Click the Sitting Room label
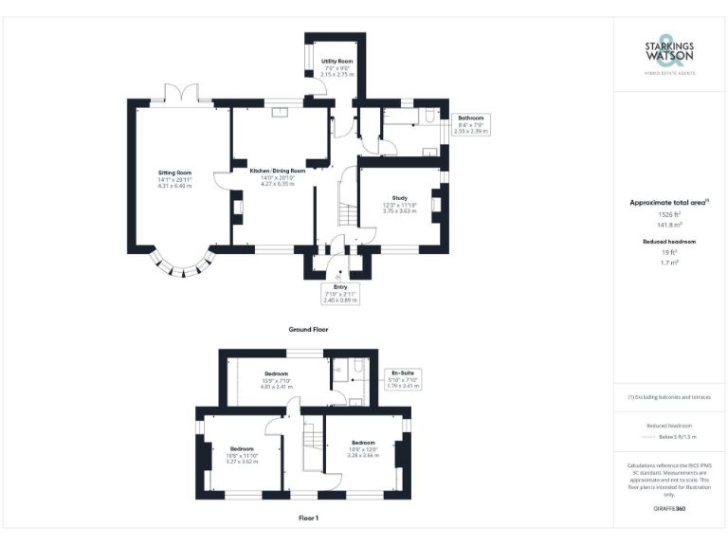pyautogui.click(x=174, y=179)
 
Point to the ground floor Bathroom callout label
pyautogui.click(x=471, y=124)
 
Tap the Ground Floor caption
pyautogui.click(x=308, y=329)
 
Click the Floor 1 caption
pyautogui.click(x=308, y=519)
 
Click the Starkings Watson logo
pyautogui.click(x=669, y=54)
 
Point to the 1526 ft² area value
pyautogui.click(x=669, y=215)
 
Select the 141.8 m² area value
pyautogui.click(x=669, y=226)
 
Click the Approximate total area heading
pyautogui.click(x=669, y=202)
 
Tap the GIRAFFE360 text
pyautogui.click(x=669, y=509)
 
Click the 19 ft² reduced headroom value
pyautogui.click(x=669, y=252)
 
